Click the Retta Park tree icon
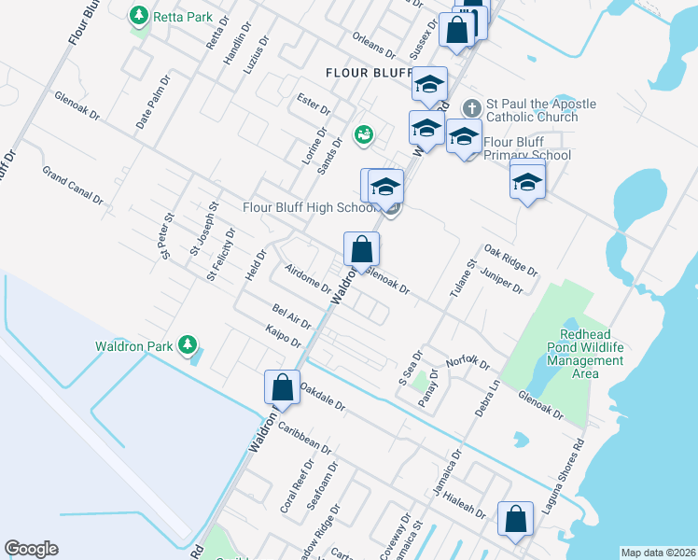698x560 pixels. [139, 17]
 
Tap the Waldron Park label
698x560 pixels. [134, 346]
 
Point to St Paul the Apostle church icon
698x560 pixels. [472, 105]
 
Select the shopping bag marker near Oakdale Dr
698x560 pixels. [282, 387]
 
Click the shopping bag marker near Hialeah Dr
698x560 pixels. [515, 519]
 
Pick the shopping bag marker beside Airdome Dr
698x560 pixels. [362, 250]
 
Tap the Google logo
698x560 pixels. [31, 549]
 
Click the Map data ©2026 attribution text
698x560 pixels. [658, 552]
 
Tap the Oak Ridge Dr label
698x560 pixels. [510, 260]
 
